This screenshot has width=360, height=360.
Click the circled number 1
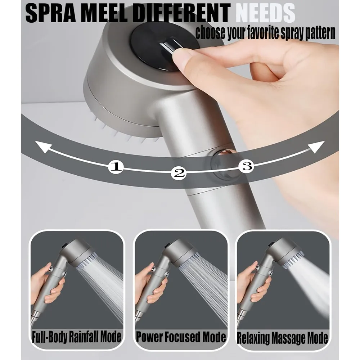[116, 166]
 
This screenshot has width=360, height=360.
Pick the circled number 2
[179, 173]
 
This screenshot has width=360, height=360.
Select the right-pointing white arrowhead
[316, 147]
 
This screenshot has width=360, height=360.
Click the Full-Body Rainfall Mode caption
[76, 337]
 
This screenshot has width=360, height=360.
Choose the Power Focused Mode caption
[181, 337]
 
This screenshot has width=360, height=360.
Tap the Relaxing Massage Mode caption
[282, 338]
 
